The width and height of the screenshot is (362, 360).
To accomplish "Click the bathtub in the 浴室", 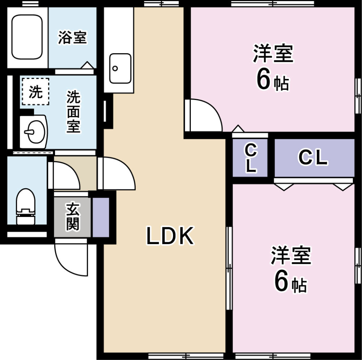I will (27, 37).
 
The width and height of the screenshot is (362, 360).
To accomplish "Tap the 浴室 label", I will (72, 37).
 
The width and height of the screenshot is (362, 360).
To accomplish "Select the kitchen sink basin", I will (120, 68).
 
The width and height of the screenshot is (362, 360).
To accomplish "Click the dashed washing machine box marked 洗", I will (35, 91).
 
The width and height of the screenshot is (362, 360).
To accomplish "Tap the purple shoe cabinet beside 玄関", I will (101, 217).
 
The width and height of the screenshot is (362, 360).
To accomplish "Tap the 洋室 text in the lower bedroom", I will (291, 255).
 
